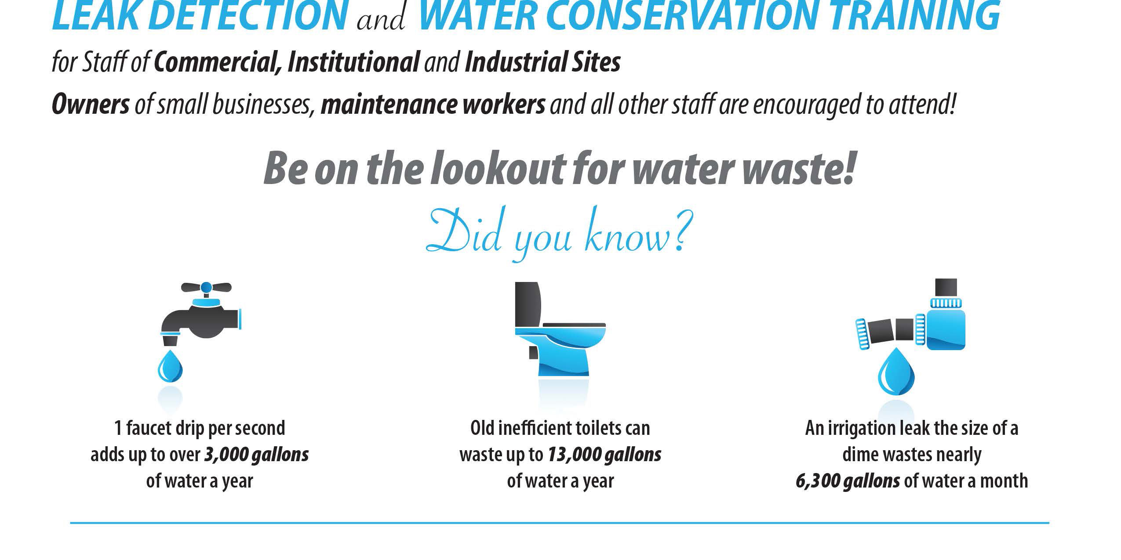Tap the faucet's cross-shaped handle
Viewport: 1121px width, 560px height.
pyautogui.click(x=206, y=288)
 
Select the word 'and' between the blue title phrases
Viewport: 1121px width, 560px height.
pyautogui.click(x=381, y=20)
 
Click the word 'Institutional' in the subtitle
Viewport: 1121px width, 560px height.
pyautogui.click(x=353, y=63)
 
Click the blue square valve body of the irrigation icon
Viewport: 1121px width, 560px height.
pyautogui.click(x=946, y=329)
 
